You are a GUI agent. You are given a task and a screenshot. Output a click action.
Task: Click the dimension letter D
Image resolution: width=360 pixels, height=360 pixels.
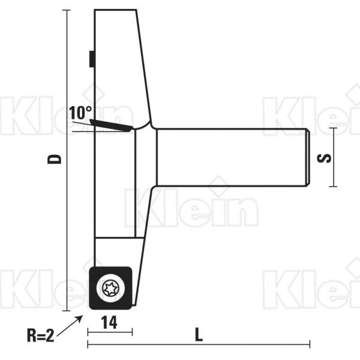[x=55, y=159]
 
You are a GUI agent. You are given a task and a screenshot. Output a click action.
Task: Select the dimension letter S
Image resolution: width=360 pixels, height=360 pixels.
[x=324, y=158]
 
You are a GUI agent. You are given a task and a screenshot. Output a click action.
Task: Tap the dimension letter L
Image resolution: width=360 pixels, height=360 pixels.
[x=199, y=335]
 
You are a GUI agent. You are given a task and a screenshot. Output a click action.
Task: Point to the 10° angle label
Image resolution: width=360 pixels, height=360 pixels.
[x=80, y=113]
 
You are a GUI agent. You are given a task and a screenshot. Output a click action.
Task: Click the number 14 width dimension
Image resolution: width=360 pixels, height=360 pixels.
[x=109, y=323]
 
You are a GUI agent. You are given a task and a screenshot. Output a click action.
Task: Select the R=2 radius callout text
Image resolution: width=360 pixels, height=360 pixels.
[x=40, y=335]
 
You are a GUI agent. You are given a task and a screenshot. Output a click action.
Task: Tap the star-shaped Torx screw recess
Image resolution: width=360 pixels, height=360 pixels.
[x=109, y=288]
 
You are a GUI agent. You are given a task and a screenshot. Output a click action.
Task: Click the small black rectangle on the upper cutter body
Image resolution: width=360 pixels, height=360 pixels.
[x=92, y=59]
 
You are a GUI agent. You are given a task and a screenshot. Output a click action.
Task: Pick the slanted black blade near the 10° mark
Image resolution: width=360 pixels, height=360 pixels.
[x=111, y=125]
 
